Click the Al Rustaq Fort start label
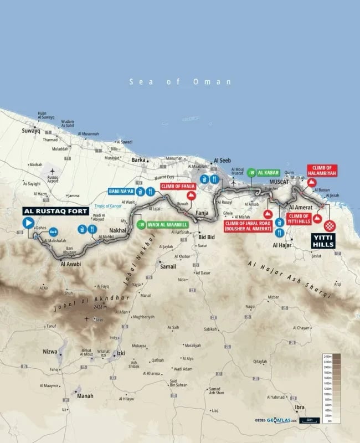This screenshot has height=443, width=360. pyautogui.click(x=49, y=211)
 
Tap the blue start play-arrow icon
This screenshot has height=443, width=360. pyautogui.click(x=28, y=223)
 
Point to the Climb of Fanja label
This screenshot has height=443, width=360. pyautogui.click(x=178, y=187)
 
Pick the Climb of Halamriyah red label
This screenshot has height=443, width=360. pyautogui.click(x=322, y=170)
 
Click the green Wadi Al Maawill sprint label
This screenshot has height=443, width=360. pyautogui.click(x=166, y=224)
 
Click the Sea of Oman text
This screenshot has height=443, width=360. pyautogui.click(x=180, y=81)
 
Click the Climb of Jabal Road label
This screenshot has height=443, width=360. pyautogui.click(x=248, y=226)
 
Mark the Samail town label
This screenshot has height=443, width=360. pyautogui.click(x=167, y=267)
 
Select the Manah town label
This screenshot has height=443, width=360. pyautogui.click(x=85, y=396)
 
